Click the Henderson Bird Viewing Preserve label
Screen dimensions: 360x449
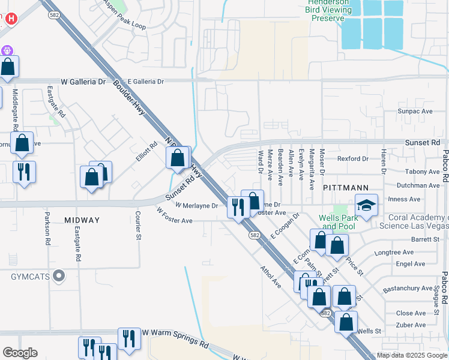point(328,10)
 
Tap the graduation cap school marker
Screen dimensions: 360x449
point(366,206)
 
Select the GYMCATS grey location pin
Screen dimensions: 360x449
point(58,277)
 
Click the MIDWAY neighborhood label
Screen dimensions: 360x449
point(82,220)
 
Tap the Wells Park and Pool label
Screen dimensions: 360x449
point(338,222)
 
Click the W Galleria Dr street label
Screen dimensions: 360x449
point(83,82)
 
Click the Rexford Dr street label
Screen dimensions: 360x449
point(352,158)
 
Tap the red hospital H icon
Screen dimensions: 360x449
point(10,19)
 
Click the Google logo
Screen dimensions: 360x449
point(20,353)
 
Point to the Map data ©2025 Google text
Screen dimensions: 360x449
point(412,355)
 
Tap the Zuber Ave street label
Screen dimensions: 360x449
point(411,325)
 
